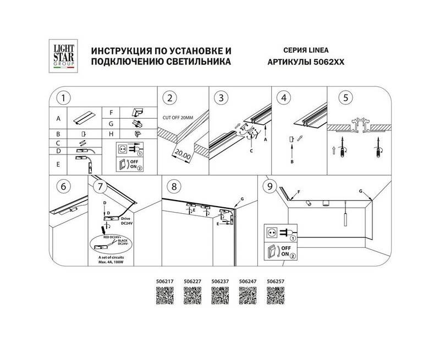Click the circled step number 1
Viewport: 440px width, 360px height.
tap(64, 98)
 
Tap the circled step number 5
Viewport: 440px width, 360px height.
tap(345, 98)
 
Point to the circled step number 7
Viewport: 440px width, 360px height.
tap(98, 186)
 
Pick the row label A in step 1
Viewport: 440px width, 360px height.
tap(58, 119)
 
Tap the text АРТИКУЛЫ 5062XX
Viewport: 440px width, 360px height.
tap(305, 63)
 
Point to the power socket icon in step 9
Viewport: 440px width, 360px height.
tap(271, 233)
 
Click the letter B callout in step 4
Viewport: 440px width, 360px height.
tap(292, 162)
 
